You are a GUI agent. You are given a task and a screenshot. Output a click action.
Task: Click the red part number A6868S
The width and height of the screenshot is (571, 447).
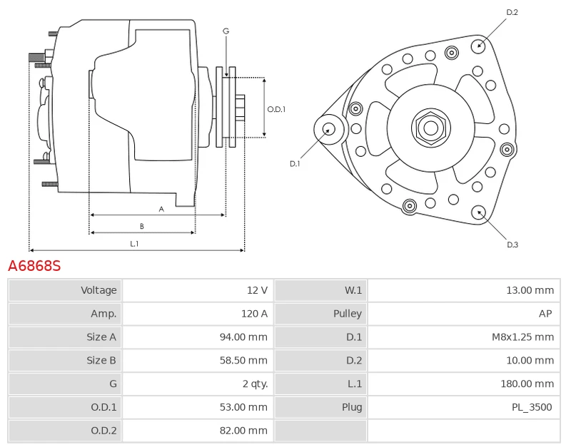[34, 266]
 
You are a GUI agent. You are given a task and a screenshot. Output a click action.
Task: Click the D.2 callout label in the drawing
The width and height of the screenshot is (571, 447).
[512, 12]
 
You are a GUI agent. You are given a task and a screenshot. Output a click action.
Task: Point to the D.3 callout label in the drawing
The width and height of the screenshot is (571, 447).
[512, 245]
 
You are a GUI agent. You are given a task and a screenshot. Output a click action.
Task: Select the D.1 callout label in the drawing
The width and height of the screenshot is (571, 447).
[295, 164]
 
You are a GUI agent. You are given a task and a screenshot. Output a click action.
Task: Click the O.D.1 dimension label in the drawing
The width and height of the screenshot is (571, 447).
[276, 109]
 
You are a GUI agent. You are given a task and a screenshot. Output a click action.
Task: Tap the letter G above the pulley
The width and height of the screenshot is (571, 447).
[226, 31]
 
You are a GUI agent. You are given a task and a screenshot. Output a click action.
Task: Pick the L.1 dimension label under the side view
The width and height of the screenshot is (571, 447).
[134, 244]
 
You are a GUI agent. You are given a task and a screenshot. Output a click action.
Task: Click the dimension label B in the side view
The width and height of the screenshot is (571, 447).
[142, 226]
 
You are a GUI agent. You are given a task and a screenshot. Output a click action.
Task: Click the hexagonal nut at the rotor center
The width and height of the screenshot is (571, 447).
[430, 128]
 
